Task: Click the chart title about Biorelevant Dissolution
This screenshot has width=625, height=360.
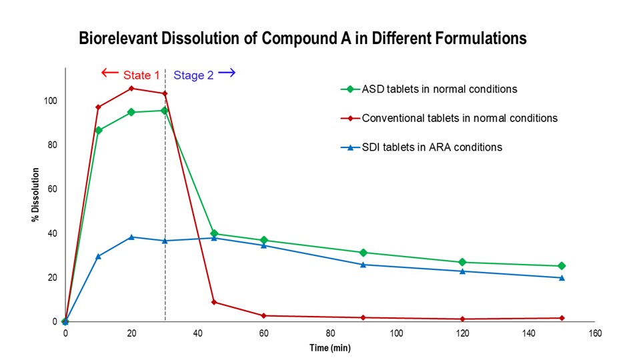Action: click(303, 39)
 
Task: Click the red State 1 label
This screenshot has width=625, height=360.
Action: click(141, 75)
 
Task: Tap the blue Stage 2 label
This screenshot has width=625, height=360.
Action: click(193, 75)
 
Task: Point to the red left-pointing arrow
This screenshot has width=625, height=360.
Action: click(109, 73)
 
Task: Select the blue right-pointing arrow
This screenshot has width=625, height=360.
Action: click(227, 73)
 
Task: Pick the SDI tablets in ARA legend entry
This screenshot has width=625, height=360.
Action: click(432, 147)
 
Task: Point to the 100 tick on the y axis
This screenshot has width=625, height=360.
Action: click(51, 101)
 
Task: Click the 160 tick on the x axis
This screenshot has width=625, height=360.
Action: click(594, 333)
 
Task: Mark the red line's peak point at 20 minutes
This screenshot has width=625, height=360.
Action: click(131, 88)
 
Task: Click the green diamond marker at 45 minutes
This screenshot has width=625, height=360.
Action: click(214, 233)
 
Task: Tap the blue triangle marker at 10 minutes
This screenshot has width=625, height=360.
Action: click(98, 256)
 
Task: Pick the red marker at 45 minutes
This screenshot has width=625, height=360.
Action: click(214, 302)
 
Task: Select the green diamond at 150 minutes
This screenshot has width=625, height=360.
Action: click(562, 266)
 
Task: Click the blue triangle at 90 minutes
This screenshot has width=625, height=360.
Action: click(363, 265)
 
